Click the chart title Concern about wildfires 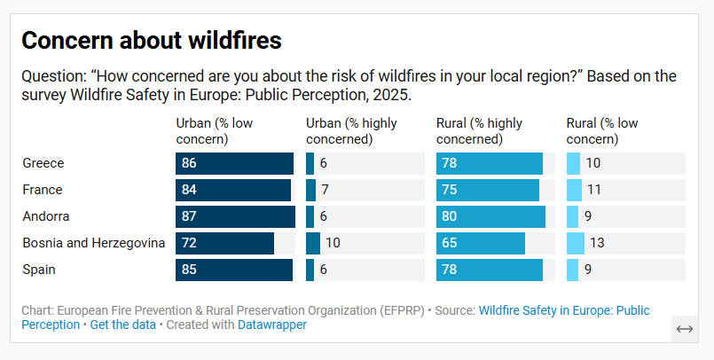(151, 41)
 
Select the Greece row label (43, 163)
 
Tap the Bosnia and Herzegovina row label (93, 243)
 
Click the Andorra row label (46, 216)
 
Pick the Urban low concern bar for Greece (234, 163)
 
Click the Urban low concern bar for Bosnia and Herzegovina (224, 243)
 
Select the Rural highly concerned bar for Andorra (490, 216)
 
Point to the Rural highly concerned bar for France (488, 190)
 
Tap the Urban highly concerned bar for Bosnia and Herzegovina (313, 243)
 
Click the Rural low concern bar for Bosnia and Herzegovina (575, 243)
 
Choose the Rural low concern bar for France (574, 190)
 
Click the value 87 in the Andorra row (189, 216)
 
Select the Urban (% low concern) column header (214, 131)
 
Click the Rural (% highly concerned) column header (479, 131)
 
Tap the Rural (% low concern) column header (602, 131)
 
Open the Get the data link (122, 325)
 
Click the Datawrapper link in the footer (271, 325)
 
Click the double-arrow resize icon (684, 328)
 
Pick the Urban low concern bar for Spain (234, 270)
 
